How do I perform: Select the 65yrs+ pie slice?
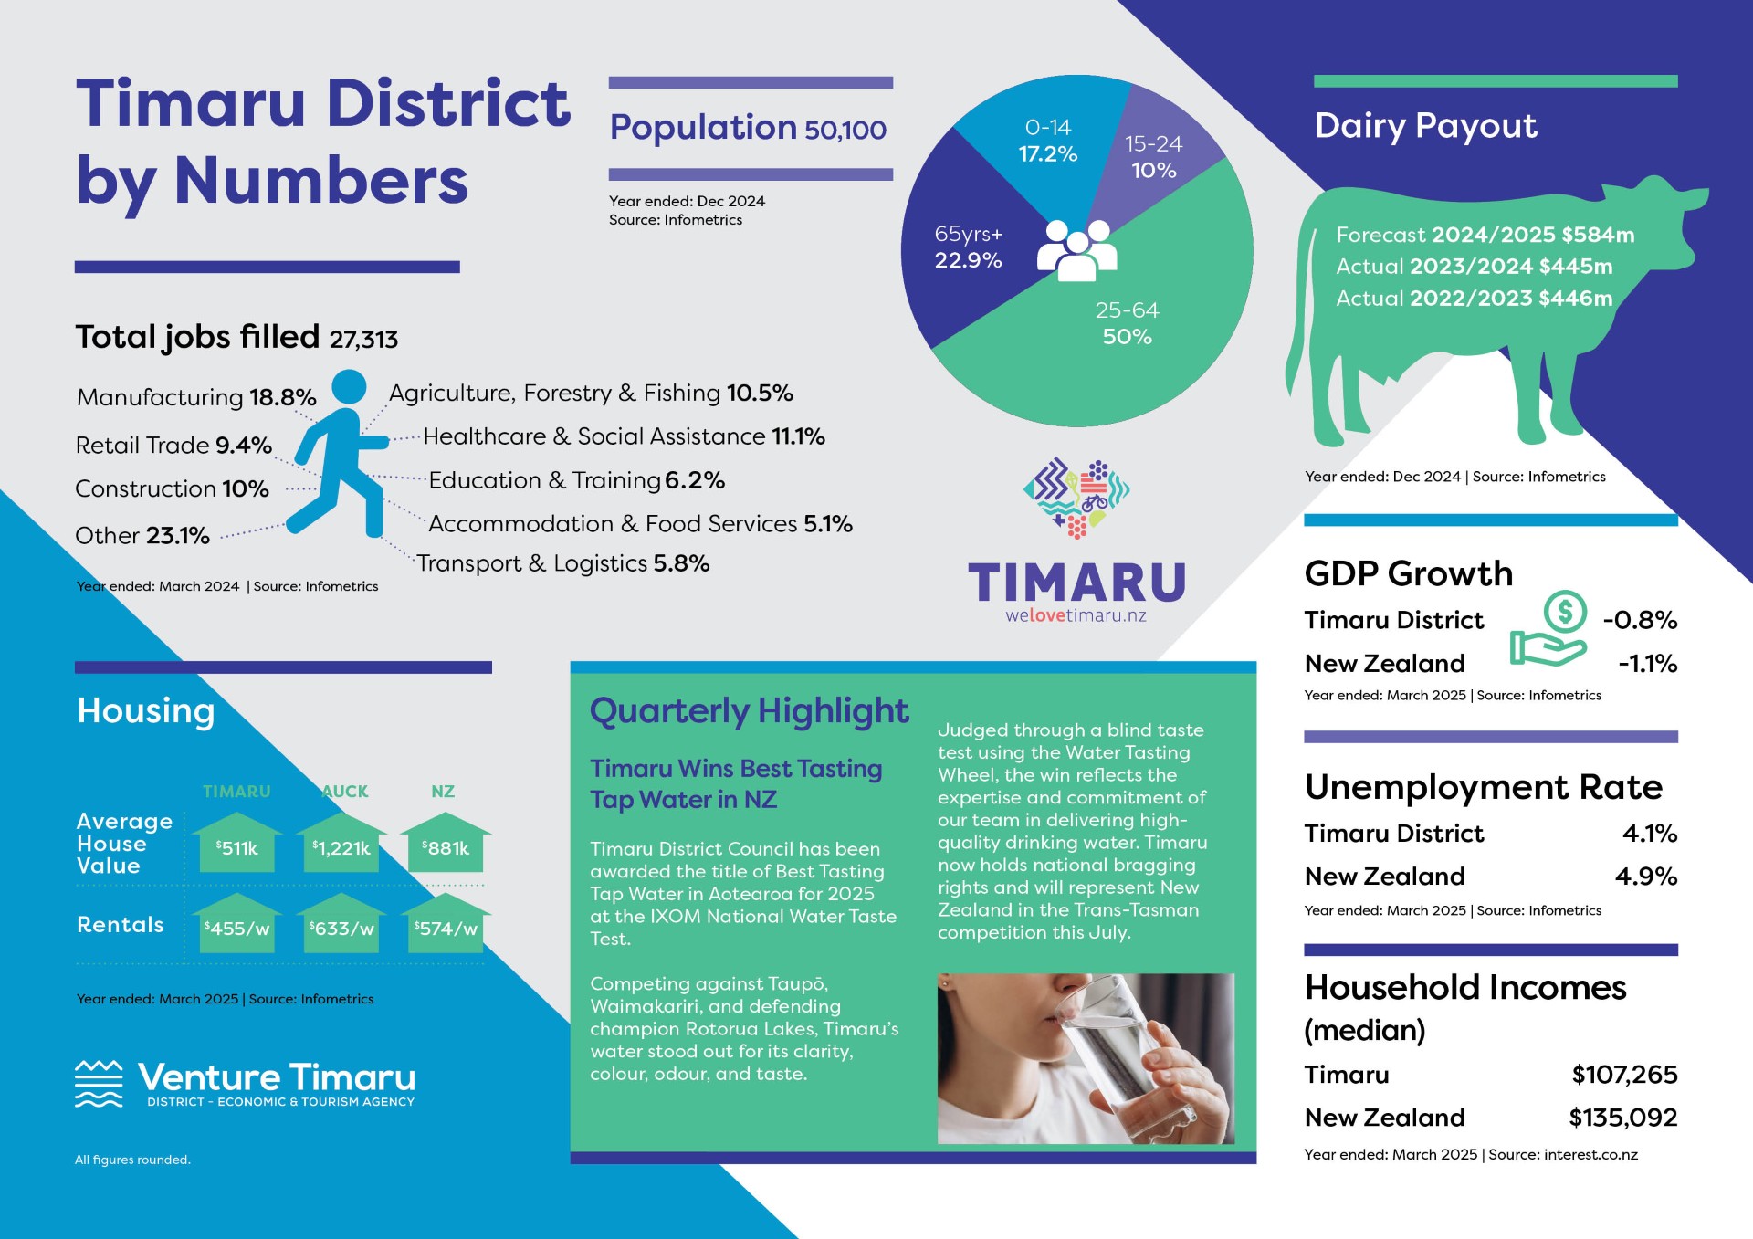pyautogui.click(x=968, y=247)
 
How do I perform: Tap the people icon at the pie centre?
pyautogui.click(x=1077, y=249)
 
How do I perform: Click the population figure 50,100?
pyautogui.click(x=845, y=130)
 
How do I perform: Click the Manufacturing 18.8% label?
pyautogui.click(x=196, y=397)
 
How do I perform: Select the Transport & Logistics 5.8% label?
pyautogui.click(x=563, y=563)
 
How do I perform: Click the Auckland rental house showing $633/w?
pyautogui.click(x=341, y=922)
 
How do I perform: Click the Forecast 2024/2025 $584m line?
pyautogui.click(x=1485, y=235)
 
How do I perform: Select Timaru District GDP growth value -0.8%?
pyautogui.click(x=1640, y=620)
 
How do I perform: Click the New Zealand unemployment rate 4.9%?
pyautogui.click(x=1646, y=877)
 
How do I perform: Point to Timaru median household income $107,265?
pyautogui.click(x=1624, y=1075)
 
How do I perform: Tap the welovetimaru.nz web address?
pyautogui.click(x=1076, y=615)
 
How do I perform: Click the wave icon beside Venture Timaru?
pyautogui.click(x=99, y=1084)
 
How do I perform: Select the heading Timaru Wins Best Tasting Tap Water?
pyautogui.click(x=736, y=783)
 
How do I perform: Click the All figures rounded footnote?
pyautogui.click(x=132, y=1160)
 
